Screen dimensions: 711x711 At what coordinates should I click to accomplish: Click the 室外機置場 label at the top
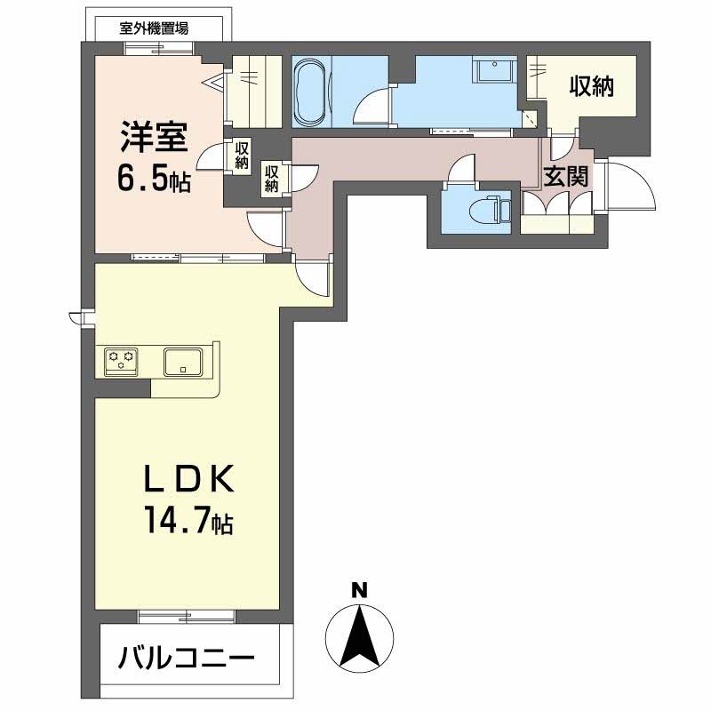[154, 28]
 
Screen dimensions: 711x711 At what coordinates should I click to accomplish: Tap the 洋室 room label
[154, 137]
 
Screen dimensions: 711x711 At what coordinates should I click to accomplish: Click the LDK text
[189, 478]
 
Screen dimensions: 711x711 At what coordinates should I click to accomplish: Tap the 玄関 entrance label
[565, 176]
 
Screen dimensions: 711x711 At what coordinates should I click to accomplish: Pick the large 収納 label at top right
[592, 86]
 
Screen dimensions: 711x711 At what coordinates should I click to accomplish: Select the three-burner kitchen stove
[121, 362]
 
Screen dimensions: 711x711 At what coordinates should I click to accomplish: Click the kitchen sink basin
[183, 362]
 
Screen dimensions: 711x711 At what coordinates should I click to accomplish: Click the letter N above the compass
[360, 590]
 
